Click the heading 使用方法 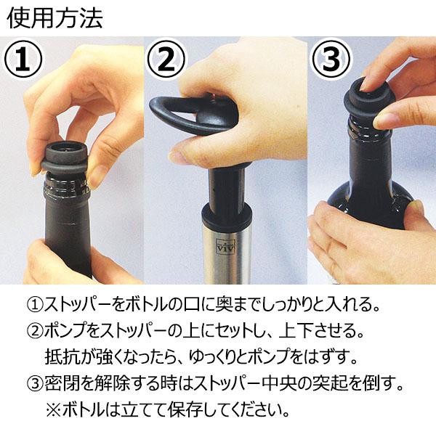54,18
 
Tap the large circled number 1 23,60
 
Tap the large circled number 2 166,59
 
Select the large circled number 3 331,59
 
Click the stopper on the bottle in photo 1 65,158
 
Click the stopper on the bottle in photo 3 368,97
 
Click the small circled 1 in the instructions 36,305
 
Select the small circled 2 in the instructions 36,330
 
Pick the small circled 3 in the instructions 36,383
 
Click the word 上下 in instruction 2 296,330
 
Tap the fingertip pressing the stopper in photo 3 366,86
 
